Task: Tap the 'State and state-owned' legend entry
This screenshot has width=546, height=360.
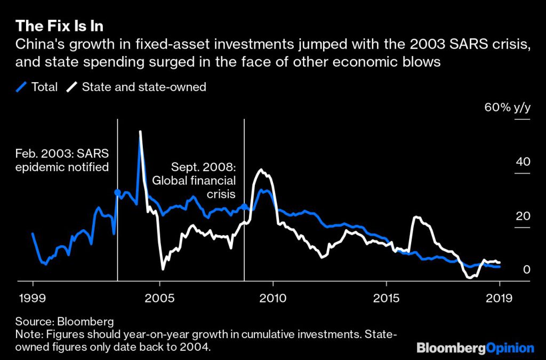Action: click(138, 87)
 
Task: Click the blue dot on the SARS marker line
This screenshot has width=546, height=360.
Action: click(117, 193)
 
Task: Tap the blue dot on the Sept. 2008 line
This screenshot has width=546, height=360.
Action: click(244, 206)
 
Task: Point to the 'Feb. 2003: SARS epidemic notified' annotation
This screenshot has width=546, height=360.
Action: click(62, 161)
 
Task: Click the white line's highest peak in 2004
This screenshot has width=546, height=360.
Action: click(140, 132)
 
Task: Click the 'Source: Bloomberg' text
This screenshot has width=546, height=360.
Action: click(65, 322)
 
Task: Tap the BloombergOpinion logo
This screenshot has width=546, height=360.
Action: click(475, 348)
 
